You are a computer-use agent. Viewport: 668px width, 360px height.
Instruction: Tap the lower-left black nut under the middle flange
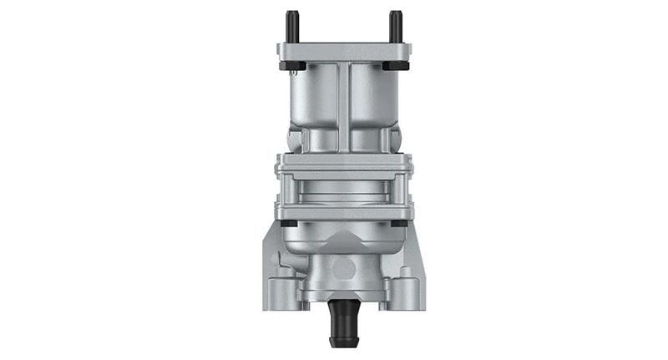pos(286,223)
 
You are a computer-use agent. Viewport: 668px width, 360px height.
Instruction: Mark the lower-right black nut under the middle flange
pos(399,223)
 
